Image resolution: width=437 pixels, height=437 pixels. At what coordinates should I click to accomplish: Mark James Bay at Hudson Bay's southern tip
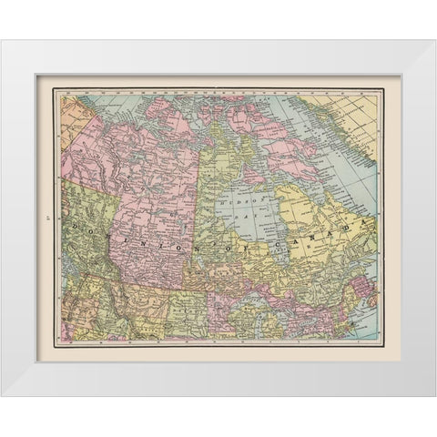tap(288, 250)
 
